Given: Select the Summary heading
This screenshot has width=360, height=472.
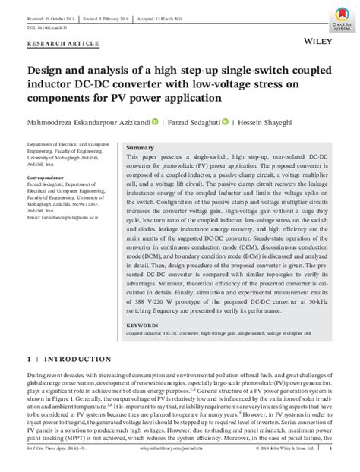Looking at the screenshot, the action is click(x=140, y=146).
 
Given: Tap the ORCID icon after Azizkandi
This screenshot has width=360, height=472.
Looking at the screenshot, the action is click(x=155, y=121).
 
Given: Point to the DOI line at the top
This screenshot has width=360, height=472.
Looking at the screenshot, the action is click(x=46, y=19).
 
